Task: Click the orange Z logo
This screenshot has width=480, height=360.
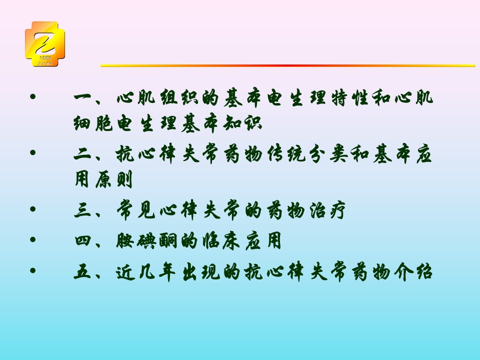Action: click(45, 44)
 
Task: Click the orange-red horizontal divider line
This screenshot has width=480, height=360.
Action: click(288, 65)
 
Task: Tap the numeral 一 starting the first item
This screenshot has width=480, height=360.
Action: click(82, 98)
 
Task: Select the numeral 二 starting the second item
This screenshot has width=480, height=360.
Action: click(82, 154)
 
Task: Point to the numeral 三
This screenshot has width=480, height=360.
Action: click(82, 210)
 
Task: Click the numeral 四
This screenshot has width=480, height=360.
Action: click(82, 240)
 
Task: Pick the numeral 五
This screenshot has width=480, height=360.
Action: click(82, 272)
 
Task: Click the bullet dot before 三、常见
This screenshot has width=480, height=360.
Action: click(33, 209)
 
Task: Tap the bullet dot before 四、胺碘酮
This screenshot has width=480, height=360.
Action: click(33, 239)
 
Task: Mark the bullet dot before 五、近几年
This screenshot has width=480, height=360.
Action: click(33, 270)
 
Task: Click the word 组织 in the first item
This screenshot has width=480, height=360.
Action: click(179, 98)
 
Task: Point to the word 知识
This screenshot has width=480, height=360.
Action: click(242, 124)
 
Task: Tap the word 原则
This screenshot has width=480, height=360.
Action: click(113, 179)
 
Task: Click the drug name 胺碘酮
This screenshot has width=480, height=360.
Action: click(146, 241)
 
